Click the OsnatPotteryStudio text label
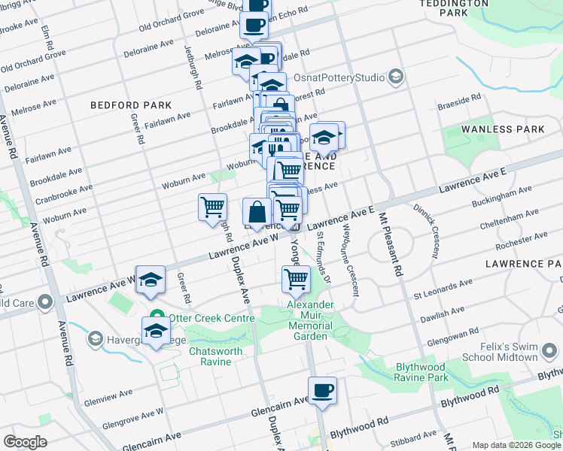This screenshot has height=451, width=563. click(x=345, y=77)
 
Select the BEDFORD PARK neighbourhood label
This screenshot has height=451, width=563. click(x=131, y=106)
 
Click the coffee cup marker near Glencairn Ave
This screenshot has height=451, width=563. click(x=322, y=391)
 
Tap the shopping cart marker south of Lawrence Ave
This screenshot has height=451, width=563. click(x=296, y=279)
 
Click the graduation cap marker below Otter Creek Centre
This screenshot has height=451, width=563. click(x=156, y=331)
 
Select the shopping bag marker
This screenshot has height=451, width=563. click(x=257, y=212)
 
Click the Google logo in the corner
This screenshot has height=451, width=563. click(x=26, y=441)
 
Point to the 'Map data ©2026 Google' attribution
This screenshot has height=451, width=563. click(x=516, y=445)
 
